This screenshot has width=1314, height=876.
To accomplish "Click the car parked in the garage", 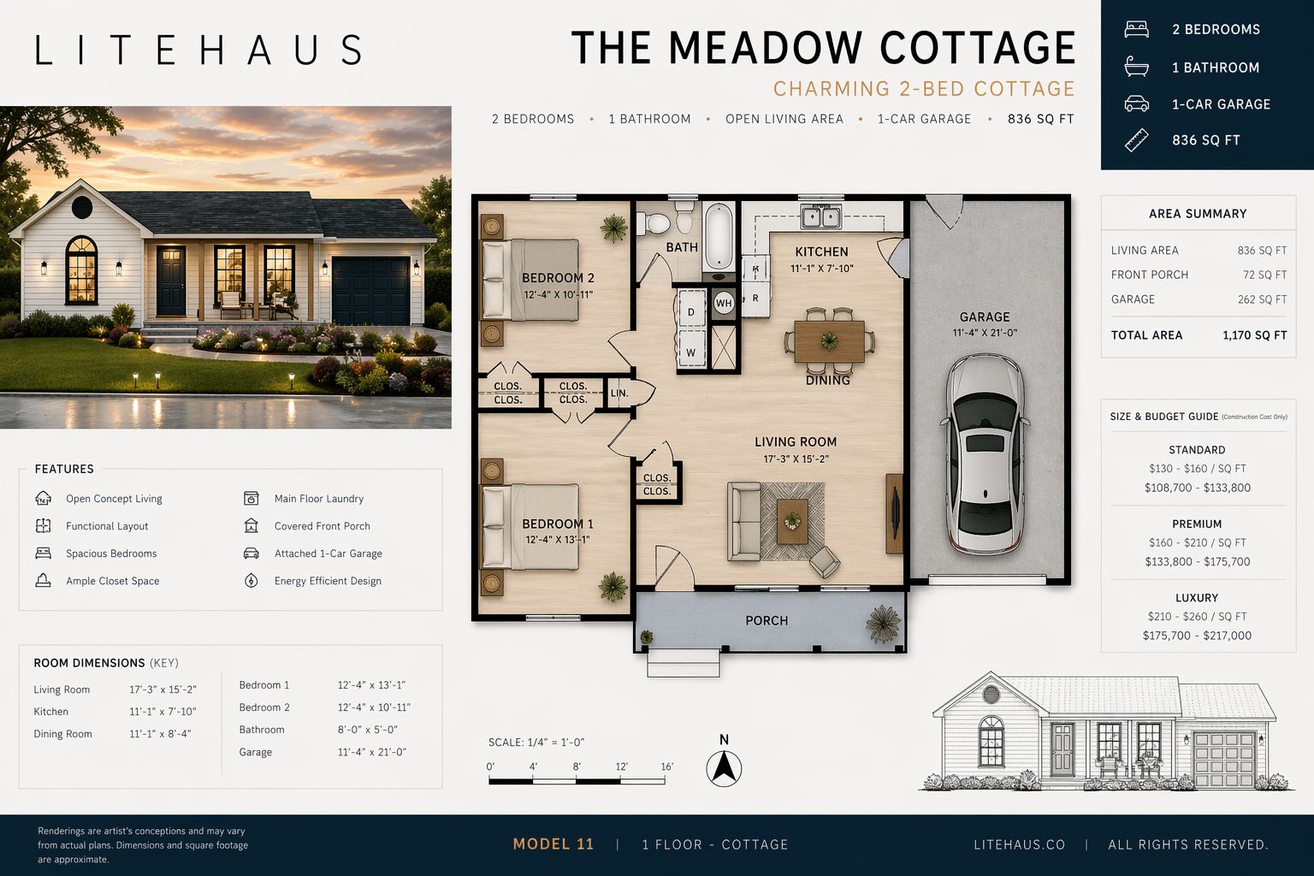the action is click(x=985, y=453).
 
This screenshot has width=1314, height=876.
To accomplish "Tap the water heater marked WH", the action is click(x=723, y=303).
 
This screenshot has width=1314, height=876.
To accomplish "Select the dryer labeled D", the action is click(x=691, y=311).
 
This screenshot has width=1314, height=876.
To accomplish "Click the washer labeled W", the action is click(x=691, y=351).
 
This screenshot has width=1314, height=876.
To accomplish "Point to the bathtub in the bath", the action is click(x=719, y=236).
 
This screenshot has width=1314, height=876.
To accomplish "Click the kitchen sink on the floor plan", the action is click(x=821, y=216).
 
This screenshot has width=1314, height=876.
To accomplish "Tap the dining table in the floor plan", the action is click(x=829, y=340).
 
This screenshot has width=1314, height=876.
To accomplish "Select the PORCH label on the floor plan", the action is click(x=766, y=620).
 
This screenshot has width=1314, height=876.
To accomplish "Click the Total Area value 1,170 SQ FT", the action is click(x=1255, y=335).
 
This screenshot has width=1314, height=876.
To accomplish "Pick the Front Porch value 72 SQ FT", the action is click(x=1264, y=275).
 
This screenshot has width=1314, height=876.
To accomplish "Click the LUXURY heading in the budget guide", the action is click(x=1197, y=597).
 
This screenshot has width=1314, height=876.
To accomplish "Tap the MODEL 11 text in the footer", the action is click(x=553, y=843).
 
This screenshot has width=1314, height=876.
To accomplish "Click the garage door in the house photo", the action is click(x=370, y=291).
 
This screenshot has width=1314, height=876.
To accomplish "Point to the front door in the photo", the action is click(x=171, y=281).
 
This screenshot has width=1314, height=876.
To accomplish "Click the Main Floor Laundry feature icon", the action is click(x=251, y=498).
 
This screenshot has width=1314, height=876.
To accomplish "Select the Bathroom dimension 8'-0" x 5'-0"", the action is click(x=367, y=730).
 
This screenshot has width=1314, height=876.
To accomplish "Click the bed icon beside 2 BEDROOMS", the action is click(x=1136, y=29).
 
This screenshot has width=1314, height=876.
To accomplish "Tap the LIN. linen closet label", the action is click(x=619, y=393).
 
